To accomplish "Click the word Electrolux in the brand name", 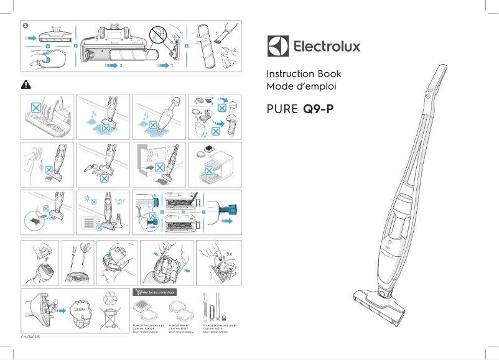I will pos(326,47).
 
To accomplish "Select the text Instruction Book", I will pos(304,73).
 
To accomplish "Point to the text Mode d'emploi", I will pos(297,86).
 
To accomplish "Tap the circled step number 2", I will pos(26,25).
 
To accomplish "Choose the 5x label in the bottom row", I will pos(230,254).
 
